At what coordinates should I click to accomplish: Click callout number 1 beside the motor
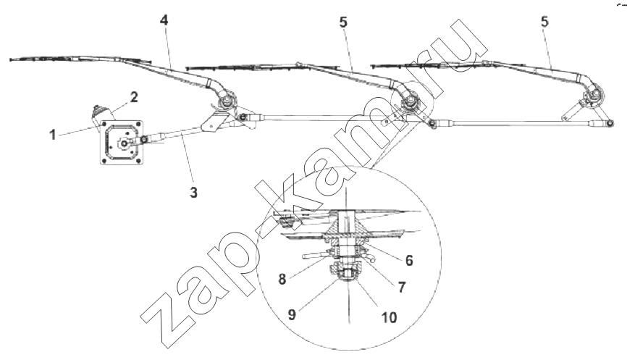[53, 135]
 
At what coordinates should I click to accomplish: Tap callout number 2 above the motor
[134, 97]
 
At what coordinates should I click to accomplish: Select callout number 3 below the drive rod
[193, 193]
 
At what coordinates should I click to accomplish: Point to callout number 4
[164, 20]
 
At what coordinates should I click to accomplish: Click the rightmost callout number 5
[544, 22]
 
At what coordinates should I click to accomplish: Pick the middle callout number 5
[343, 22]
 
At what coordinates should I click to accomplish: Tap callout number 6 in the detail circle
[409, 260]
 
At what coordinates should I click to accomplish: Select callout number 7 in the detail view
[402, 287]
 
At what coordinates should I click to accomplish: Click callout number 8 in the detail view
[282, 279]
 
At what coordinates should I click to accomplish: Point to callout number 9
[293, 314]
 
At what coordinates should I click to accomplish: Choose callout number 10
[389, 317]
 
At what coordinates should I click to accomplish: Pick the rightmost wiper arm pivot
[594, 96]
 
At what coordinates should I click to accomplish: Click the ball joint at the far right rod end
[609, 125]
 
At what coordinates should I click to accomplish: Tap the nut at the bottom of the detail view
[346, 275]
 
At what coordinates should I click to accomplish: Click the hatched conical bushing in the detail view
[346, 232]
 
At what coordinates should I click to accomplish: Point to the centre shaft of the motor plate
[124, 143]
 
